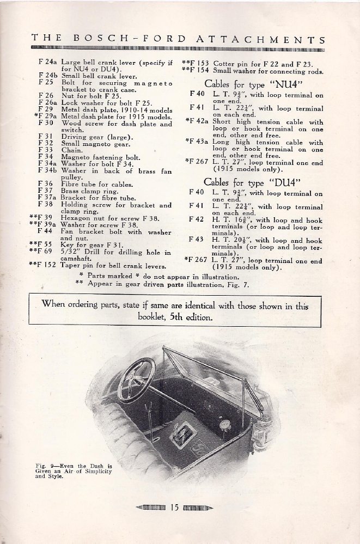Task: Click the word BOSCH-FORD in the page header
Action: coord(129,40)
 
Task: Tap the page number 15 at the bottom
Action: coord(174,509)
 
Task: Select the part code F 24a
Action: coord(48,63)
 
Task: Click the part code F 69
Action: coord(49,252)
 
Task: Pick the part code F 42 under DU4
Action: coord(197,219)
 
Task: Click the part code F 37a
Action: coord(48,197)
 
